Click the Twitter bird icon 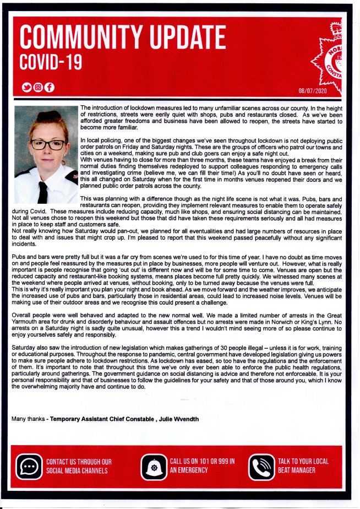26,87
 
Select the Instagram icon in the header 38,87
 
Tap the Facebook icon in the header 49,87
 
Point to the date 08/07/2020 313,90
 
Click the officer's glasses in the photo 47,144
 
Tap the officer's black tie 42,192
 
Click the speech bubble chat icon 29,467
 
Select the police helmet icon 154,467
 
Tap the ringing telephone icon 261,467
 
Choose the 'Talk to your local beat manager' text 303,465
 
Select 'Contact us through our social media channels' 79,466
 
